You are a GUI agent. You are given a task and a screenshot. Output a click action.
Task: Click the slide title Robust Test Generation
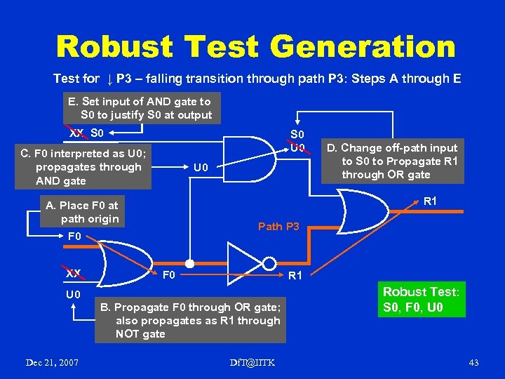(x=255, y=47)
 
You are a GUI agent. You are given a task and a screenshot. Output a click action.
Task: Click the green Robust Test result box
(x=421, y=300)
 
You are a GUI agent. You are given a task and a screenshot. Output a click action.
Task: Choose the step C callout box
(x=83, y=167)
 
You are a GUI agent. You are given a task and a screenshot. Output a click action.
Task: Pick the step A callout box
(x=82, y=212)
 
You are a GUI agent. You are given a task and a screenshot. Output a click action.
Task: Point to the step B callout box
(x=190, y=321)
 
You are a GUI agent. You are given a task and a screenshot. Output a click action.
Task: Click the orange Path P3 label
(x=278, y=226)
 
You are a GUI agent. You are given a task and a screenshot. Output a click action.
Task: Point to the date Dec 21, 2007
(x=51, y=362)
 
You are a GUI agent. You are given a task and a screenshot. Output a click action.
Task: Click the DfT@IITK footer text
(x=252, y=362)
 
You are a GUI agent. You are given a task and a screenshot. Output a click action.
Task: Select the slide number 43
(x=473, y=362)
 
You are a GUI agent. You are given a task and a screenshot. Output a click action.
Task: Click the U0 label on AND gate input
(x=201, y=168)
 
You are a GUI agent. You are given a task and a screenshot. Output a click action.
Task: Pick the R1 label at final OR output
(x=431, y=201)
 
